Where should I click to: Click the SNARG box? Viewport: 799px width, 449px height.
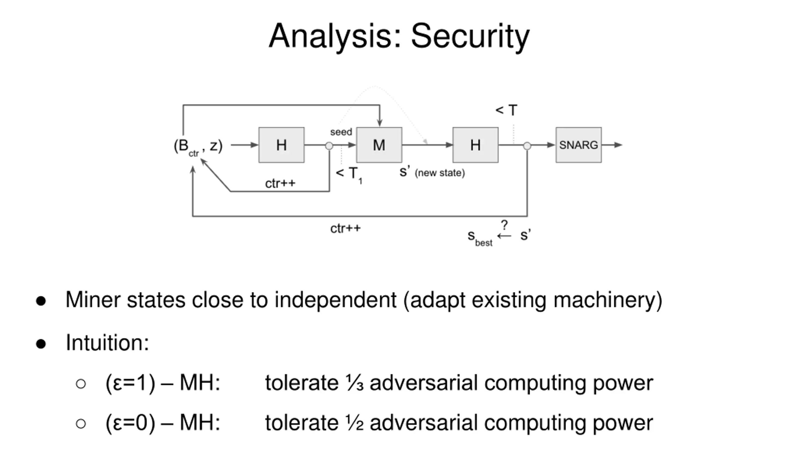tap(578, 145)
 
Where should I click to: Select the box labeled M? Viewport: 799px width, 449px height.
tap(379, 145)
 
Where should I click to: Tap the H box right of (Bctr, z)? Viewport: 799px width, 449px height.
tap(281, 145)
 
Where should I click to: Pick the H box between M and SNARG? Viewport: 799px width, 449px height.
tap(475, 145)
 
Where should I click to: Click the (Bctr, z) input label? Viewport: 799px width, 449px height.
tap(198, 147)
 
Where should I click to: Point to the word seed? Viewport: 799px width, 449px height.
tap(341, 132)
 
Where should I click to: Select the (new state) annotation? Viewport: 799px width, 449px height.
tap(440, 173)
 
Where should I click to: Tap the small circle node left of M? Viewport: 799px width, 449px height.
tap(329, 146)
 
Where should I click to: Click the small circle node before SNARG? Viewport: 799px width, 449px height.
tap(527, 146)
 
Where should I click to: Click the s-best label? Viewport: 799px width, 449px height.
tap(480, 238)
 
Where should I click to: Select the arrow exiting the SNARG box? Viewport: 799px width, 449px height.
tap(612, 145)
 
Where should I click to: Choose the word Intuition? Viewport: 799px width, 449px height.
tap(107, 343)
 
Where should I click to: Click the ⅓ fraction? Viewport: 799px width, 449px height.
tap(355, 383)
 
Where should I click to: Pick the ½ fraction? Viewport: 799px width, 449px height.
tap(355, 423)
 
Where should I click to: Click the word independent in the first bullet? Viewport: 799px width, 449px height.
tap(336, 301)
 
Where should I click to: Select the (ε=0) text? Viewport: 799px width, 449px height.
tap(130, 423)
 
